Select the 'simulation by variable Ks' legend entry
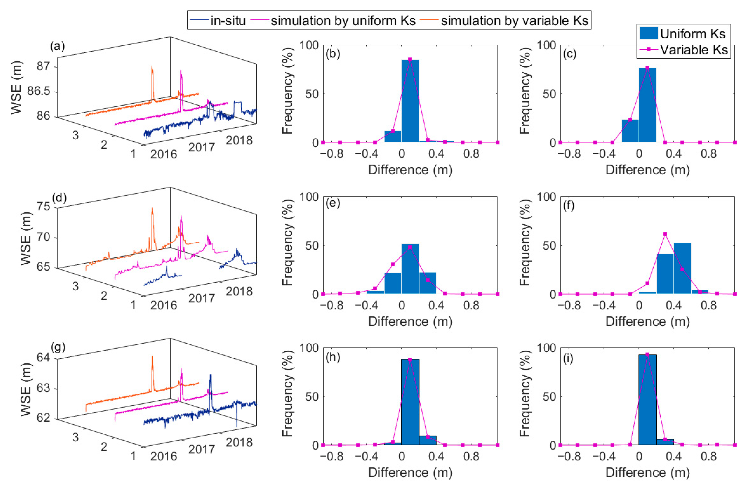tap(514, 21)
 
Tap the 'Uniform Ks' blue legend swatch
tap(648, 34)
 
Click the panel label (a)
tap(57, 46)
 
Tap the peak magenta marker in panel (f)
tap(665, 234)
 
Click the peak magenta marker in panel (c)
tap(647, 67)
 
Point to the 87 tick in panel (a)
tap(43, 67)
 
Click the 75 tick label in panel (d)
tap(44, 207)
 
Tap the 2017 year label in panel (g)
tap(202, 449)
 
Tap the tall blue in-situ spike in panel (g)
tap(211, 376)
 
